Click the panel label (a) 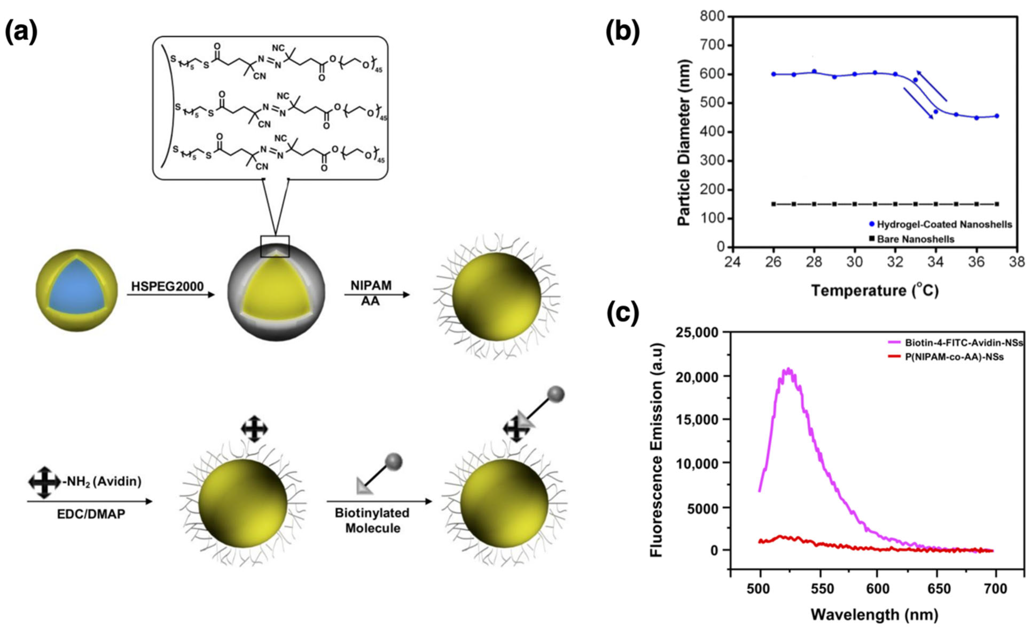click(x=21, y=32)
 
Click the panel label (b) click(x=623, y=32)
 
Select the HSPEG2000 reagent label click(x=167, y=286)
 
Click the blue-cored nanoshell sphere click(x=76, y=290)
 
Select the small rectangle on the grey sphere click(x=275, y=246)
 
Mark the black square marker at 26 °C click(x=773, y=204)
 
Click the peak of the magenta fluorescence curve click(x=789, y=369)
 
